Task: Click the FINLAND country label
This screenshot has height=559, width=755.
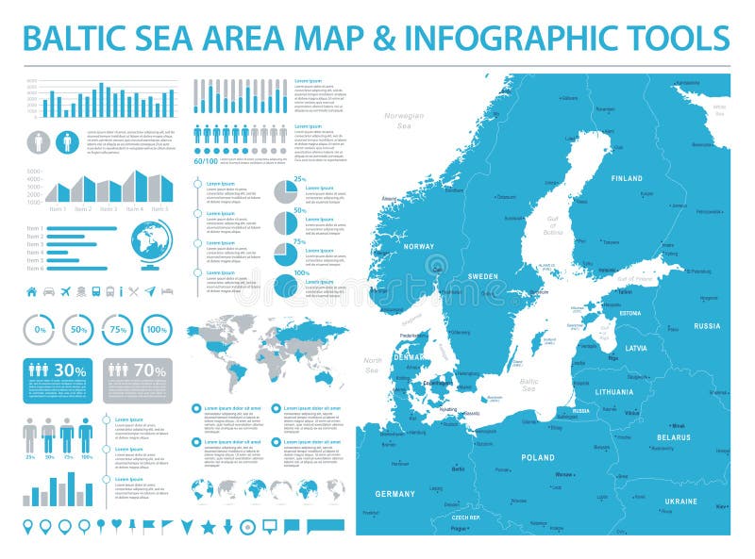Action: (627, 178)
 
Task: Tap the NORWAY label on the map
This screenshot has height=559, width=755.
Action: (418, 247)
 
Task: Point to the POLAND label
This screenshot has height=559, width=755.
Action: (538, 457)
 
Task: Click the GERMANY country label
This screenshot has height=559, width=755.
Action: (394, 494)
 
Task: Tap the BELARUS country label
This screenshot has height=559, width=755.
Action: (674, 437)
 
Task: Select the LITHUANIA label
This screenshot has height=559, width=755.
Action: (614, 391)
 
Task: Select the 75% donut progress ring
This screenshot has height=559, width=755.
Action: (116, 330)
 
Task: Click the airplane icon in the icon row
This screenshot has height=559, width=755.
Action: (65, 291)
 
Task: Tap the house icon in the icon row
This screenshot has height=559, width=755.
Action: (31, 291)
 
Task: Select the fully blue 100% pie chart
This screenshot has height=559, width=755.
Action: (287, 286)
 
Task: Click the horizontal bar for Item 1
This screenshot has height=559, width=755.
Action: (81, 228)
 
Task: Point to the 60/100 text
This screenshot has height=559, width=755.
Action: (207, 161)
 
